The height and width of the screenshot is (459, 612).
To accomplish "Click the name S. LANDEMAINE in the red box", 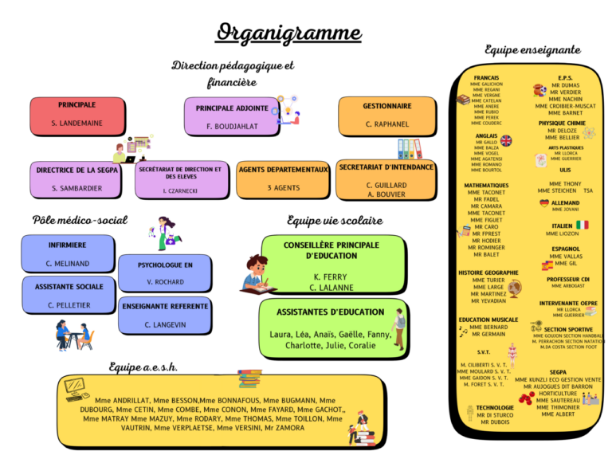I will [76, 124].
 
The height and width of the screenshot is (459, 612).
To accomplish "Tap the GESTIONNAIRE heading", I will [387, 106].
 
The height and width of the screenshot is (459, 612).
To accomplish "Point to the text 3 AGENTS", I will [283, 187].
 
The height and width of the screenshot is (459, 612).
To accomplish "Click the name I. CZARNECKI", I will [179, 190].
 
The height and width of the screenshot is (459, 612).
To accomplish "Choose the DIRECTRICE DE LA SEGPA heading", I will [76, 170].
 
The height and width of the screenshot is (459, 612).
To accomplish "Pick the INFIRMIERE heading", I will [68, 245].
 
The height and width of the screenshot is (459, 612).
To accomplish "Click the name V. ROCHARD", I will [165, 282].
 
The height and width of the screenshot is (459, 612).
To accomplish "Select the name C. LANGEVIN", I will [165, 324].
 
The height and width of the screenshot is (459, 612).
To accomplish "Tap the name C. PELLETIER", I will [69, 305].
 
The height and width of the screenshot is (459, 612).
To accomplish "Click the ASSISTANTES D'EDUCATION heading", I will [330, 312].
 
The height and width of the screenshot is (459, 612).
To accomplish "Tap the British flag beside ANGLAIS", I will [506, 140].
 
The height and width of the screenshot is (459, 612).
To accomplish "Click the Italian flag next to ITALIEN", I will [583, 226].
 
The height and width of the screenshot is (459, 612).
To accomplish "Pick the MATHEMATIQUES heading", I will [486, 186].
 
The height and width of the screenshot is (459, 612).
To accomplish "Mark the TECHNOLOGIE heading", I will [495, 407].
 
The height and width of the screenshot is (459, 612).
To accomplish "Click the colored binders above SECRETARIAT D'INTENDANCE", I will [410, 149].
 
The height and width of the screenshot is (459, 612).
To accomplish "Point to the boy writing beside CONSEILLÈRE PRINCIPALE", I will [257, 273].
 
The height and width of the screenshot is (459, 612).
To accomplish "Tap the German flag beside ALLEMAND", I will [544, 203].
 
